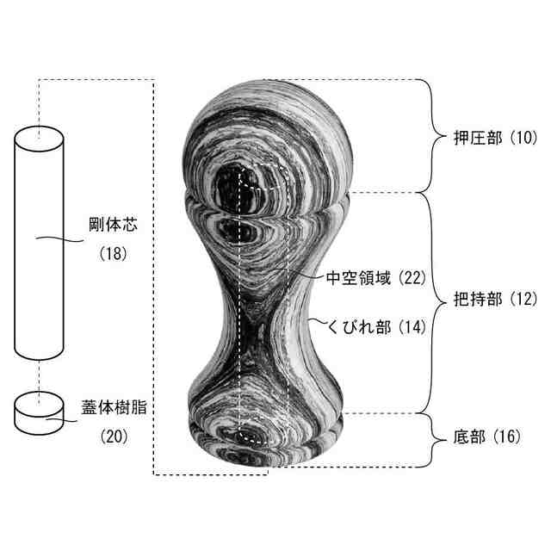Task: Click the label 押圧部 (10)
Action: click(x=493, y=138)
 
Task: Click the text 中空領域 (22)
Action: click(x=371, y=277)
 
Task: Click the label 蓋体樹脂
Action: click(x=112, y=406)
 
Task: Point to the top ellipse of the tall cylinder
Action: click(x=40, y=137)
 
